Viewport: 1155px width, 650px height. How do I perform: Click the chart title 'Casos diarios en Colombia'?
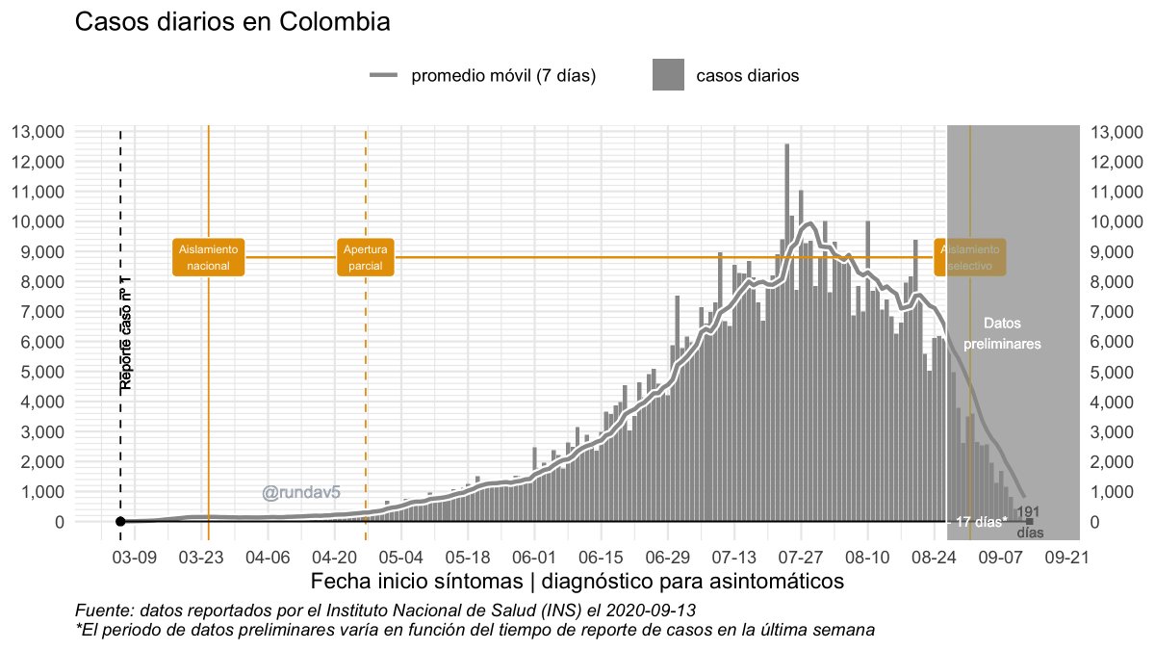click(x=232, y=23)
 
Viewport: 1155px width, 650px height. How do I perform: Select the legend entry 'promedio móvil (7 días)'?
click(x=502, y=76)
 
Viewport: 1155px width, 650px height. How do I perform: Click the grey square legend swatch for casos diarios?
click(x=668, y=75)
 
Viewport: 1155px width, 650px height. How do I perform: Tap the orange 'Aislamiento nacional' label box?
click(x=209, y=257)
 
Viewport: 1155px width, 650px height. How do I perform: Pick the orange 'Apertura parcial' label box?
click(x=366, y=257)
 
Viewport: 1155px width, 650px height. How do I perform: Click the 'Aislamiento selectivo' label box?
click(x=970, y=257)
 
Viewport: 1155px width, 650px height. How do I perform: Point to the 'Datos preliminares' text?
click(x=1002, y=333)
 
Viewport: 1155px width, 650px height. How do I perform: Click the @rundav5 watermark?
click(x=301, y=493)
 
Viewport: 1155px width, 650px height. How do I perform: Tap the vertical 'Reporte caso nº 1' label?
click(x=126, y=333)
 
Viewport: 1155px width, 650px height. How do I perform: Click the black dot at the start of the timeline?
click(x=120, y=522)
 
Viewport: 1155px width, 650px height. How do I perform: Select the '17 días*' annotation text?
click(x=981, y=522)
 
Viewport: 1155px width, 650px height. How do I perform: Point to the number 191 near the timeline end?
click(x=1028, y=512)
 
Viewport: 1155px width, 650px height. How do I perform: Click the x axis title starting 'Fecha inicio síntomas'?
click(x=577, y=582)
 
